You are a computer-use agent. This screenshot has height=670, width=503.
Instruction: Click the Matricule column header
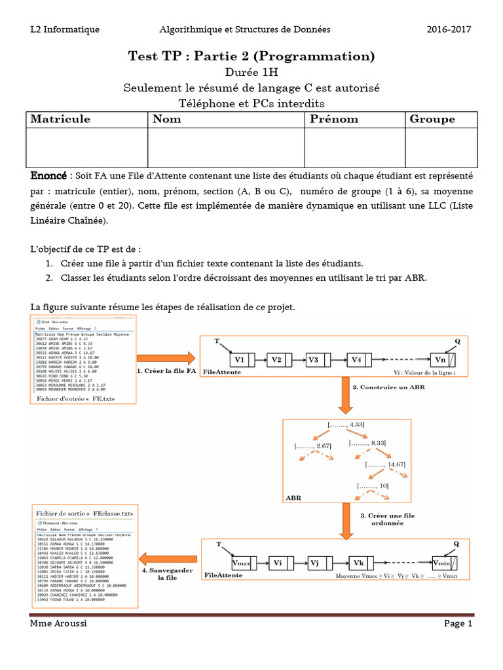pyautogui.click(x=60, y=119)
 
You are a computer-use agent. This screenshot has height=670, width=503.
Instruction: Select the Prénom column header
pyautogui.click(x=333, y=119)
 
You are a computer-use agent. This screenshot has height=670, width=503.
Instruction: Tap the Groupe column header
pyautogui.click(x=432, y=119)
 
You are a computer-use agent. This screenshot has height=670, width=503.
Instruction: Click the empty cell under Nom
pyautogui.click(x=226, y=147)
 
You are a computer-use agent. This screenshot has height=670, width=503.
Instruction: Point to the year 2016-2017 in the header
pyautogui.click(x=449, y=29)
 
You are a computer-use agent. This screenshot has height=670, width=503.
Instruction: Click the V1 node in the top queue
pyautogui.click(x=239, y=360)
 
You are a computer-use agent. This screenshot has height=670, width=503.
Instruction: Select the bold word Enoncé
pyautogui.click(x=48, y=177)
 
